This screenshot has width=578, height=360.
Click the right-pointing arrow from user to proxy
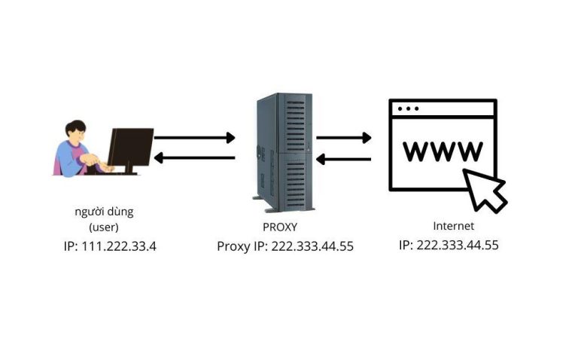(195, 138)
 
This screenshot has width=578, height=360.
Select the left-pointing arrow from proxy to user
(195, 157)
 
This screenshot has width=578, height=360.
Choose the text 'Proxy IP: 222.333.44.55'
(285, 246)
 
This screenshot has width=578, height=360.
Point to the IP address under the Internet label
(449, 245)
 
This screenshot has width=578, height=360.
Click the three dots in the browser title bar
(408, 109)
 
